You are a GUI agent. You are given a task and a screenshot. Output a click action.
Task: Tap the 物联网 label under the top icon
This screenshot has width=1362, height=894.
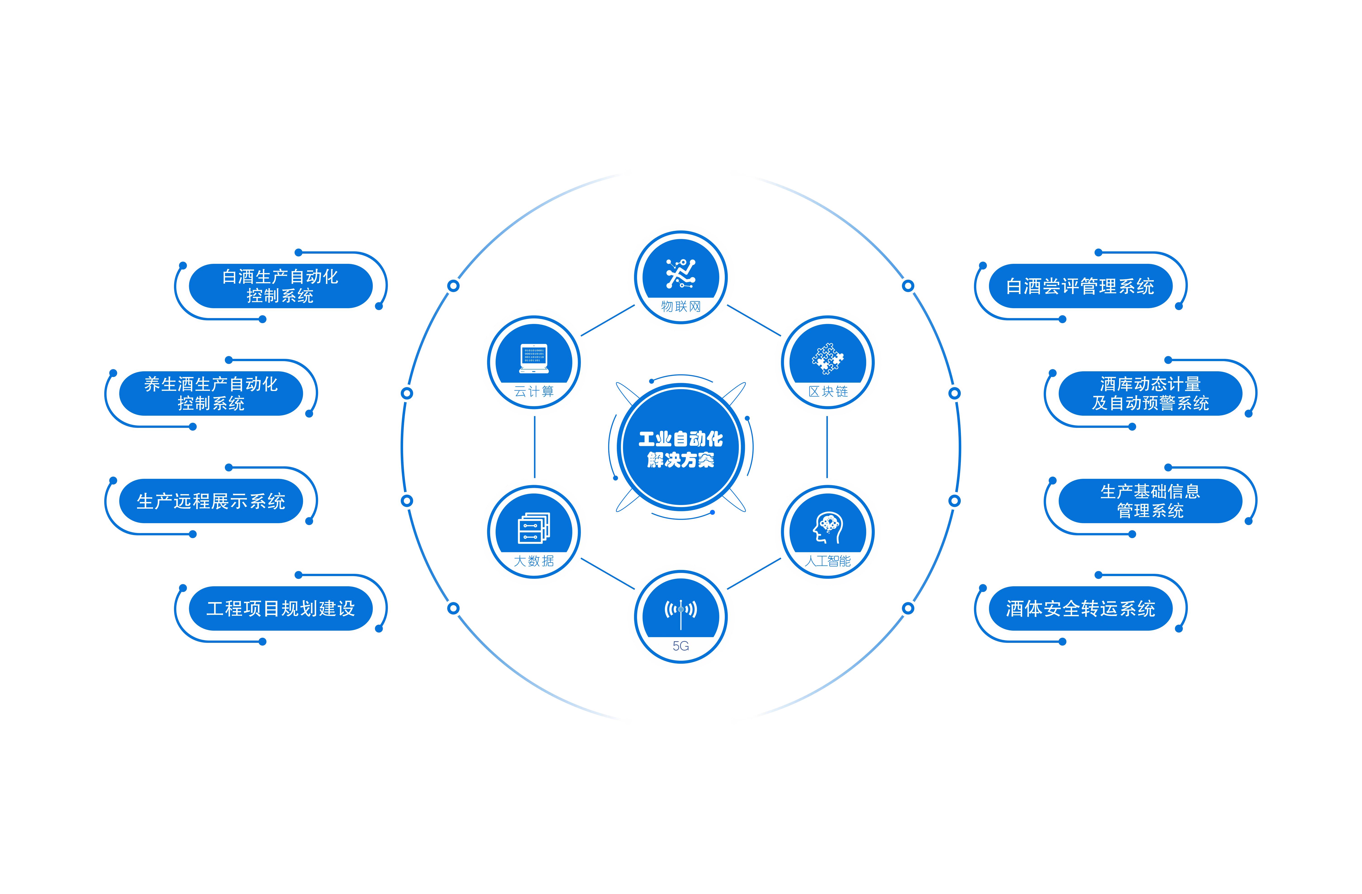pyautogui.click(x=680, y=307)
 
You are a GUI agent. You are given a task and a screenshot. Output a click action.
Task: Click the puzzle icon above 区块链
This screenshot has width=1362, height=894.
pyautogui.click(x=827, y=358)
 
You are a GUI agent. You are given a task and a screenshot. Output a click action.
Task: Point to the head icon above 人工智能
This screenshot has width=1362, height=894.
pyautogui.click(x=827, y=528)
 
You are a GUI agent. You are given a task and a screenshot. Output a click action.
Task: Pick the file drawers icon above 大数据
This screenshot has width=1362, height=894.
pyautogui.click(x=534, y=528)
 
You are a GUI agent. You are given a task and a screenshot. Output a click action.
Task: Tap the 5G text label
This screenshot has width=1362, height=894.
pyautogui.click(x=680, y=646)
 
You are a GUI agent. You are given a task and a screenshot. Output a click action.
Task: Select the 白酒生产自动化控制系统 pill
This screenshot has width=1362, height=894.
pyautogui.click(x=280, y=286)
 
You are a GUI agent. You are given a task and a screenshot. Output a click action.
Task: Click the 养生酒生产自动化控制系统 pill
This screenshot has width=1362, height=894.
pyautogui.click(x=211, y=394)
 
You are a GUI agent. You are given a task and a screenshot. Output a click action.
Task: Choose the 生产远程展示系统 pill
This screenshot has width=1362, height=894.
pyautogui.click(x=211, y=501)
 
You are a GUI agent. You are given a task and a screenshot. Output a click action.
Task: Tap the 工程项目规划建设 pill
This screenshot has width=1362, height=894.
pyautogui.click(x=280, y=608)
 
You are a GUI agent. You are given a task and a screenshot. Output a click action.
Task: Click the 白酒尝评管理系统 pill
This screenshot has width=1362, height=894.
pyautogui.click(x=1080, y=286)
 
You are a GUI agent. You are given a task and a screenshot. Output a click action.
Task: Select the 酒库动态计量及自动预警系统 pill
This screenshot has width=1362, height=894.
pyautogui.click(x=1150, y=394)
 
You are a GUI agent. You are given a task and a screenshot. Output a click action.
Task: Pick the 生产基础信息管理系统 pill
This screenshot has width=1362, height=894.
pyautogui.click(x=1150, y=501)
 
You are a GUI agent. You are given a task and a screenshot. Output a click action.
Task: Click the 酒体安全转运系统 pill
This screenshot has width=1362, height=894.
pyautogui.click(x=1080, y=608)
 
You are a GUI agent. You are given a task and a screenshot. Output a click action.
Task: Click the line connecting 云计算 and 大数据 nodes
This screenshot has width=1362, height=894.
pyautogui.click(x=535, y=447)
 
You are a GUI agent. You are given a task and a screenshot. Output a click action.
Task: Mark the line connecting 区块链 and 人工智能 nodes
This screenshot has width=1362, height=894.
pyautogui.click(x=827, y=447)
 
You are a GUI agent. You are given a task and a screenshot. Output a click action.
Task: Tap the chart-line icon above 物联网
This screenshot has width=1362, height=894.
pyautogui.click(x=680, y=274)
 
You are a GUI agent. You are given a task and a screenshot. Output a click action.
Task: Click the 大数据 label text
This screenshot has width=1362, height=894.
pyautogui.click(x=534, y=561)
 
